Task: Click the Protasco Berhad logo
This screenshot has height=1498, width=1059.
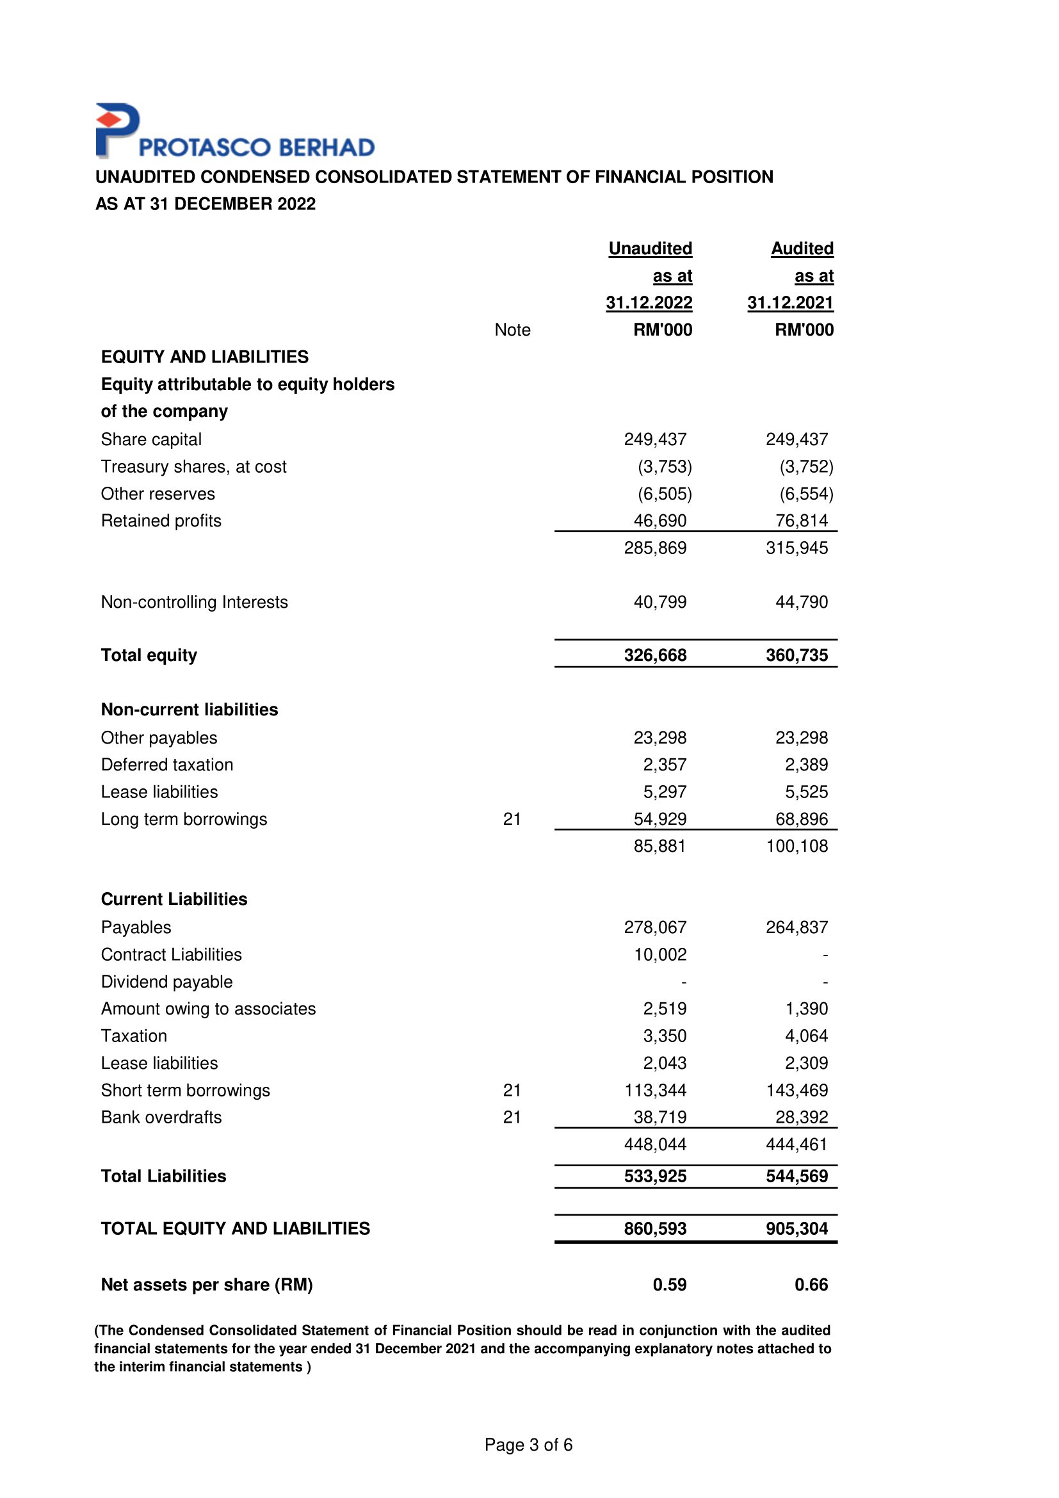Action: pos(235,132)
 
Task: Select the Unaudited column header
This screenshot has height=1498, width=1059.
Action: pos(650,248)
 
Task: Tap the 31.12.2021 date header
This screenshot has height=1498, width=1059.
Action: pos(789,303)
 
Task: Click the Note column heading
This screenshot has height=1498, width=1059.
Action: pos(512,330)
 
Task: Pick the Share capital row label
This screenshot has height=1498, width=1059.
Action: pos(150,440)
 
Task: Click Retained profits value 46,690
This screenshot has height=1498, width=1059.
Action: pos(660,521)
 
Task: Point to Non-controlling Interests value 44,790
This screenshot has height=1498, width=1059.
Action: pos(802,601)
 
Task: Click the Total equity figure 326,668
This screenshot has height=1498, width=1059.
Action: pos(655,655)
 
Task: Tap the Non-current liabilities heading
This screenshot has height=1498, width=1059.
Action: pos(189,710)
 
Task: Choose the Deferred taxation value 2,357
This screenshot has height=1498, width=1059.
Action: pos(665,765)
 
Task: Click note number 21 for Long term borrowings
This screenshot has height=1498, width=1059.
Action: pos(512,819)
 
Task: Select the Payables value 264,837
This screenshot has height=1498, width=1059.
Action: pos(796,927)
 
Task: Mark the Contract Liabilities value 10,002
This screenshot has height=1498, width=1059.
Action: pos(660,954)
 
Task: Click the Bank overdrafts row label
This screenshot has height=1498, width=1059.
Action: pos(161,1117)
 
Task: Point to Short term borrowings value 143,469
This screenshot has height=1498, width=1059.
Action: pos(796,1090)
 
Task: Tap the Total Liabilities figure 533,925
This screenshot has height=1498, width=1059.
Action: pos(655,1176)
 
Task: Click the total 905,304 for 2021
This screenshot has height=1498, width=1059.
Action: pos(796,1228)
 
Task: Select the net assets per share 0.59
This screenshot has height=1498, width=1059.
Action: pos(669,1285)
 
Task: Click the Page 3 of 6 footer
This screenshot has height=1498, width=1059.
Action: pos(528,1444)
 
